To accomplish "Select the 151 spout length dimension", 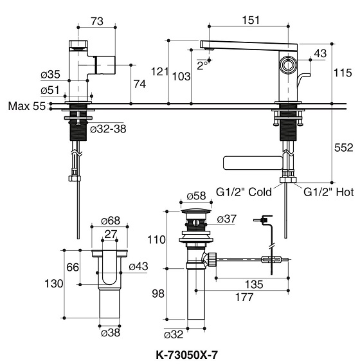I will (251, 20).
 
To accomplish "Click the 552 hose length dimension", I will (344, 148).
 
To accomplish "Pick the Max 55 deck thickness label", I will (26, 106).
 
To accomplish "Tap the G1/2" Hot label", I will (328, 191).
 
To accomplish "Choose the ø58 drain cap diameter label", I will (195, 196).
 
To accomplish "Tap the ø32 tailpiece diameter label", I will (174, 334).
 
